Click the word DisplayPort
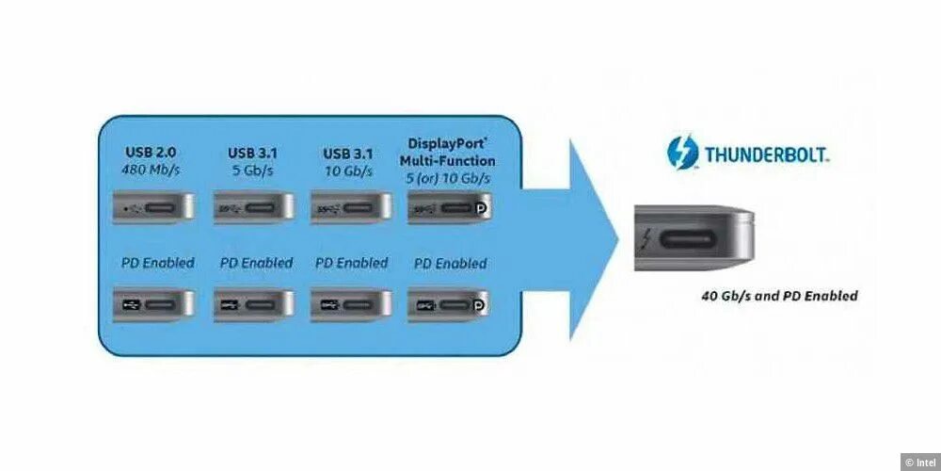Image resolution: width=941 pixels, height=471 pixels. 449,144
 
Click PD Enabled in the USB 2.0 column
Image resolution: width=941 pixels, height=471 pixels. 157,263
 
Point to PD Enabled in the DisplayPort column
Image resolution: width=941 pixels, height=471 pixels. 451,264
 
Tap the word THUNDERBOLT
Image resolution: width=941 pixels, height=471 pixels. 767,154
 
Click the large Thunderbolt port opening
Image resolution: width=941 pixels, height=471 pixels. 694,238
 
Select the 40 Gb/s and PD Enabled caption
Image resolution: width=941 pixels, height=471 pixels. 779,296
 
